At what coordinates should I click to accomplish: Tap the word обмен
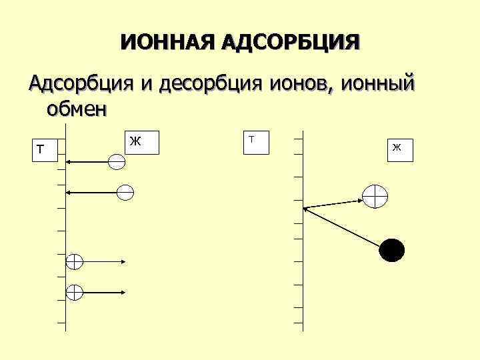tap(75, 107)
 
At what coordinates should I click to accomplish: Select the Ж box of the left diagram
tap(143, 142)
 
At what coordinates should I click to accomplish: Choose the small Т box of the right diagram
tap(255, 141)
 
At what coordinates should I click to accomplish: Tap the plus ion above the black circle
tap(375, 195)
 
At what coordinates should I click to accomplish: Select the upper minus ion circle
tap(116, 161)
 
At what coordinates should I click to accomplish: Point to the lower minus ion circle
tap(125, 192)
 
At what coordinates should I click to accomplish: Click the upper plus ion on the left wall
tap(74, 261)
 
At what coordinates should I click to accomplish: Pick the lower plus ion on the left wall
tap(74, 292)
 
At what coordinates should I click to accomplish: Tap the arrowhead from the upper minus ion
tap(69, 161)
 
